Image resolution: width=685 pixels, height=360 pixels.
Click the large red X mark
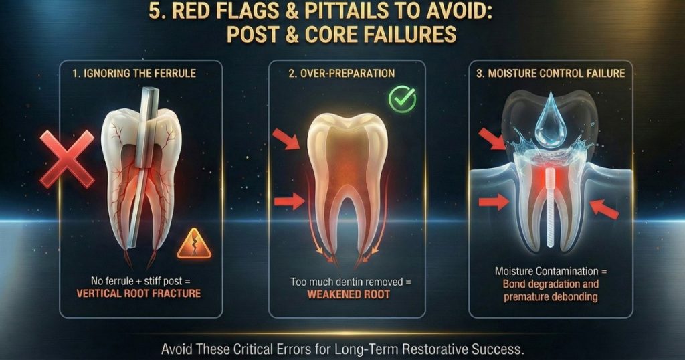[x=67, y=159]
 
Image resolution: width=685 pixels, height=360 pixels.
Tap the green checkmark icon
[x=402, y=100]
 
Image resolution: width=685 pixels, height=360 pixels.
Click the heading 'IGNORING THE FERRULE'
[x=134, y=73]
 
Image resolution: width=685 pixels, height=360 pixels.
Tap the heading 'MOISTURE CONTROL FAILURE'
[x=550, y=73]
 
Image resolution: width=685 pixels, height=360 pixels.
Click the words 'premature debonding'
[x=551, y=296]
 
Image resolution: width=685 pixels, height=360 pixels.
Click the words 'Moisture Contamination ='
[x=551, y=271]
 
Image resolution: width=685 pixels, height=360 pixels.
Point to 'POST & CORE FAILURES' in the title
[x=342, y=35]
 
